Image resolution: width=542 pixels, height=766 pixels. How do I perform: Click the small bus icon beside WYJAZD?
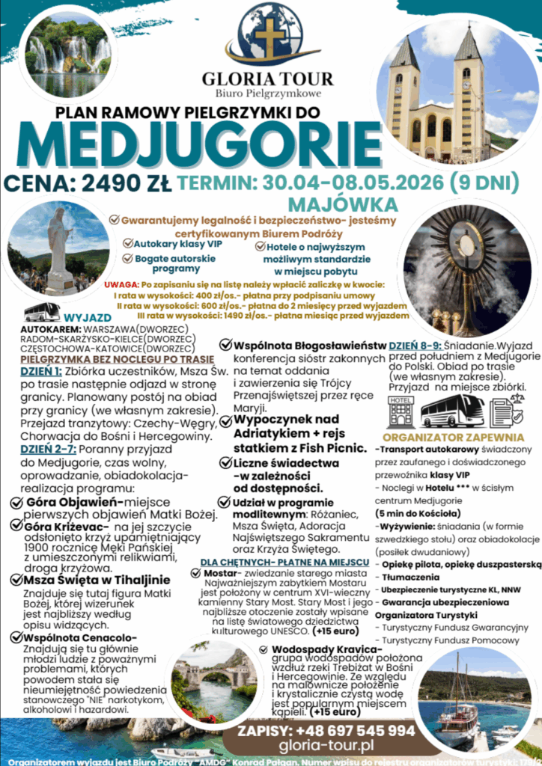[42, 311]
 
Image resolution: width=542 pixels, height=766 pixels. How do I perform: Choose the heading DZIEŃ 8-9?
[414, 346]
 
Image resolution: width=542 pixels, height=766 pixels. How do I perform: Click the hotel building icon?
[401, 411]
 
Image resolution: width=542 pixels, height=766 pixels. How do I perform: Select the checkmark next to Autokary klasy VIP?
[128, 243]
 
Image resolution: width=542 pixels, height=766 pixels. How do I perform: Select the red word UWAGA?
[121, 284]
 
